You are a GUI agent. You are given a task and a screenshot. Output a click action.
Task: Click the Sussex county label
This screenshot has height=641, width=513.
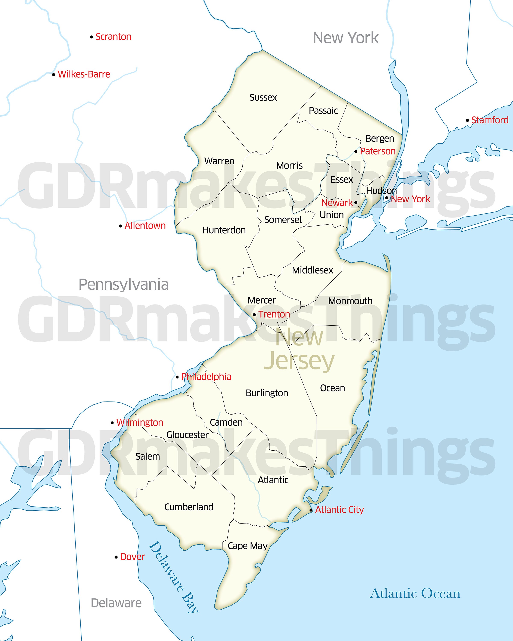(263, 97)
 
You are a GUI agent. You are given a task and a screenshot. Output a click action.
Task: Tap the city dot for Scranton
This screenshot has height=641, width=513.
(92, 37)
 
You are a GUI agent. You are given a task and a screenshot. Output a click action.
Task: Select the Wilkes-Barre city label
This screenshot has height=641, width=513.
(84, 74)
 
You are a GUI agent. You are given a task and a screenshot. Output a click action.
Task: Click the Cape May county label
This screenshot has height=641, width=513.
(248, 546)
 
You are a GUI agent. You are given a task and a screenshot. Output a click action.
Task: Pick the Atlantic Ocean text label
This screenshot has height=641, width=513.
(415, 593)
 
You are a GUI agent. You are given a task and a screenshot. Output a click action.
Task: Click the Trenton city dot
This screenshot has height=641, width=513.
(254, 315)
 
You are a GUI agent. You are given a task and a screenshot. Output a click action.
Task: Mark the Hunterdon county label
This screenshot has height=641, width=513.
(224, 230)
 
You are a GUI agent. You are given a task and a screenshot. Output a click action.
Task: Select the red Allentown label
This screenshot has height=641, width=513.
(145, 226)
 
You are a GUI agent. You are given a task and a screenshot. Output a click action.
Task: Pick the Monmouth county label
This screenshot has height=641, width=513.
(350, 301)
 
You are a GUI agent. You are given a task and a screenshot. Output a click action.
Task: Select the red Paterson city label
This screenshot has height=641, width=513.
(378, 151)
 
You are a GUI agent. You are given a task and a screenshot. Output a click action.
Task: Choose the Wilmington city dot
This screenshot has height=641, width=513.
(112, 423)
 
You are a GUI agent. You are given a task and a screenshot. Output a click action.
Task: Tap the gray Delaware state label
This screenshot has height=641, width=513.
(116, 603)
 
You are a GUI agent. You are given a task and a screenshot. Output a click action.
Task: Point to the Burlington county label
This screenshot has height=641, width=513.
(267, 393)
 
